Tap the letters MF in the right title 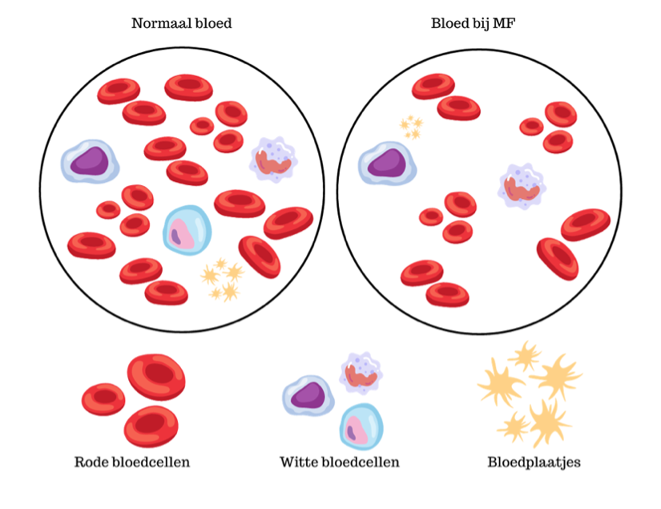coord(504,23)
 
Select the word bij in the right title coord(481,24)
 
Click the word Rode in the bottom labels coord(91,463)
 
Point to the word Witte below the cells coord(299,463)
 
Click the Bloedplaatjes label coord(534,463)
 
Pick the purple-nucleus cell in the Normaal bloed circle coord(90,161)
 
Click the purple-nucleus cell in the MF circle coord(388,164)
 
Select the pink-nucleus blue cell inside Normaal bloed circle coord(187,230)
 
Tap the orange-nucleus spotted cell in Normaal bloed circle coord(273,160)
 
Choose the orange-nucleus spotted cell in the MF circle coord(522,187)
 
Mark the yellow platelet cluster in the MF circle coord(412,127)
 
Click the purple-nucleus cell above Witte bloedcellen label coord(308,395)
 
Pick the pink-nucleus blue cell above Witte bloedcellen coord(361,426)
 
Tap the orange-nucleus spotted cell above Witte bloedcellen coord(361,374)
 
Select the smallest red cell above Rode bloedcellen coord(103,399)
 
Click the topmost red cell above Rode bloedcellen coord(156,377)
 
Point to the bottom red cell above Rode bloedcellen coord(151,426)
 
